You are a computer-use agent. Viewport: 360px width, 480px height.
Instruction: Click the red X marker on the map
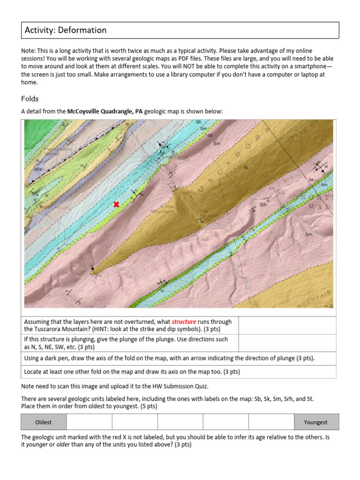[116, 204]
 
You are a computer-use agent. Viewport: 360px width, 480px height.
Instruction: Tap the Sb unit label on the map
[198, 122]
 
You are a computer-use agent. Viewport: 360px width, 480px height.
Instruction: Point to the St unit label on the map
[246, 167]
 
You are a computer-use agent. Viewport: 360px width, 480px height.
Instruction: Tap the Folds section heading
[30, 99]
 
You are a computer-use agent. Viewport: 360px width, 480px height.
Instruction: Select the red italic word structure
[184, 322]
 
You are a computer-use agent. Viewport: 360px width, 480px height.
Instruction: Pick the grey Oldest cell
[44, 422]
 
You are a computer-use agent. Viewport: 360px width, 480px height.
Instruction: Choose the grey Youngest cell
[315, 422]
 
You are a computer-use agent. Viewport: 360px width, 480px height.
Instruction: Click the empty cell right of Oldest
[89, 422]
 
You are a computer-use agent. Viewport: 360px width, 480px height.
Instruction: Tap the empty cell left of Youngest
[271, 422]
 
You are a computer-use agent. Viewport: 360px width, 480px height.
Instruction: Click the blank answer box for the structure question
[287, 325]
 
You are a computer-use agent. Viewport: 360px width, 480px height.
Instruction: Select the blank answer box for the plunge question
[287, 343]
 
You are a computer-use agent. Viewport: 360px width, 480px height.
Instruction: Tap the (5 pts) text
[147, 406]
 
